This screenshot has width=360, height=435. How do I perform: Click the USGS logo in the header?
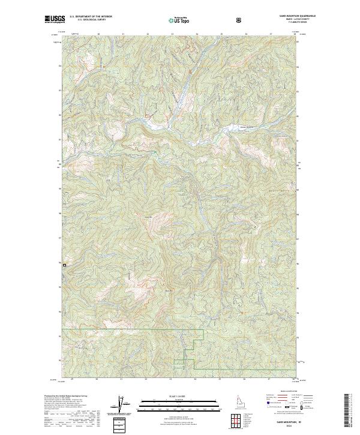click(55, 20)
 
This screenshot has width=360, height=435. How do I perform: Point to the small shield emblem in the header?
click(239, 20)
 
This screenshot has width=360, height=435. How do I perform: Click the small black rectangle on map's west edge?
click(64, 264)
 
